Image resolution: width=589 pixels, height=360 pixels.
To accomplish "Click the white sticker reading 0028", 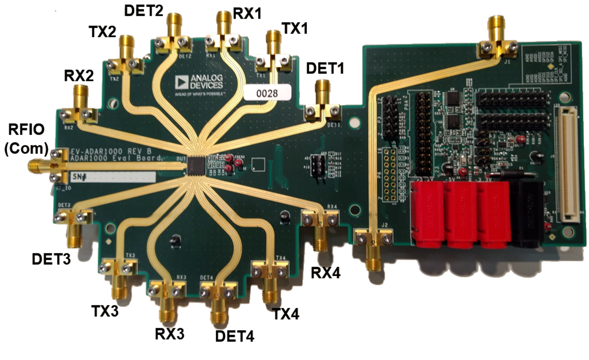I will tap(267, 92).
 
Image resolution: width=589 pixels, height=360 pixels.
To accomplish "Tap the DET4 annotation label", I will tap(235, 336).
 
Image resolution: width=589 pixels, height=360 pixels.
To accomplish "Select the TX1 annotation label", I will tap(294, 29).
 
